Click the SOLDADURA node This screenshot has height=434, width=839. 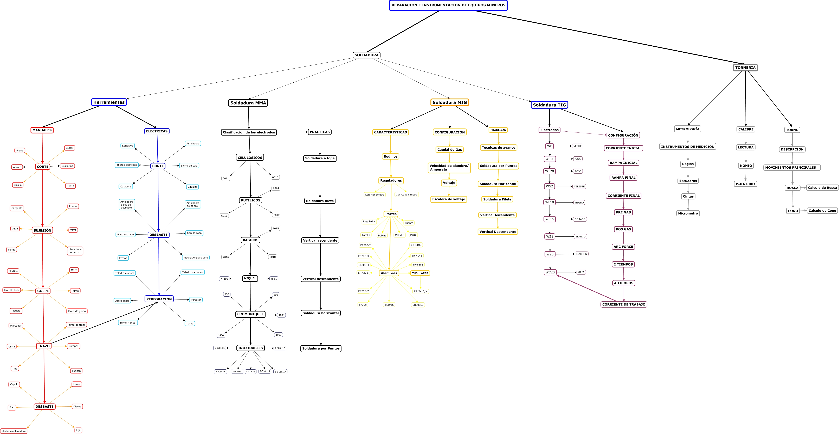tap(366, 55)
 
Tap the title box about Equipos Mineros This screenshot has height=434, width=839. tap(448, 5)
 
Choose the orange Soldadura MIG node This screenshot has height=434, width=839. tap(449, 102)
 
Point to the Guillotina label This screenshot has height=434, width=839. tap(67, 166)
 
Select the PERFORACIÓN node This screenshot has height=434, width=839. tap(159, 299)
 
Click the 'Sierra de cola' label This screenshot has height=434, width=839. tap(189, 166)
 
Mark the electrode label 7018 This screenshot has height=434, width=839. tap(273, 257)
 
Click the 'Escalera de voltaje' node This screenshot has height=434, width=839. tap(448, 199)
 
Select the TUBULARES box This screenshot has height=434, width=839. tap(420, 273)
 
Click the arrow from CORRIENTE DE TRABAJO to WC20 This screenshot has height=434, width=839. tap(586, 288)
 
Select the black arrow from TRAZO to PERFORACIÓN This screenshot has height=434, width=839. tap(104, 323)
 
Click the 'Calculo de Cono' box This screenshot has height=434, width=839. tap(822, 211)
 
